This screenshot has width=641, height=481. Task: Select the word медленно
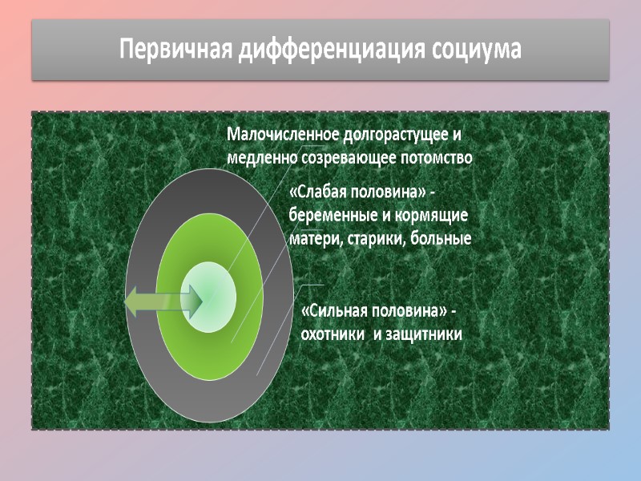click(261, 158)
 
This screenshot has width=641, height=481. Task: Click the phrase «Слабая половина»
click(357, 194)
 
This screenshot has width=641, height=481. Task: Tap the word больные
click(442, 239)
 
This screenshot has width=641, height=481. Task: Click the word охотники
click(329, 333)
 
